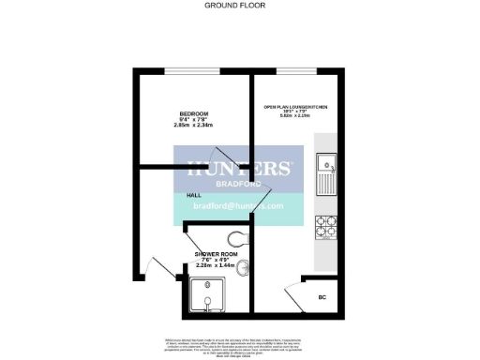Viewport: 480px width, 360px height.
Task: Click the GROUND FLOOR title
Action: coord(235,5)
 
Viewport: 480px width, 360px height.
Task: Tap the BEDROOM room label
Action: coord(194,114)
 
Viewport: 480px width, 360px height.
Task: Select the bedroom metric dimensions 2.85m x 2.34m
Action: coord(194,126)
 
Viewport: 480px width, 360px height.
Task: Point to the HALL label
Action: coord(194,195)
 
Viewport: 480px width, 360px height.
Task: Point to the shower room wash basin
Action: coord(243,270)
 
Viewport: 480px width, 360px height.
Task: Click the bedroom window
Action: coord(194,71)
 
